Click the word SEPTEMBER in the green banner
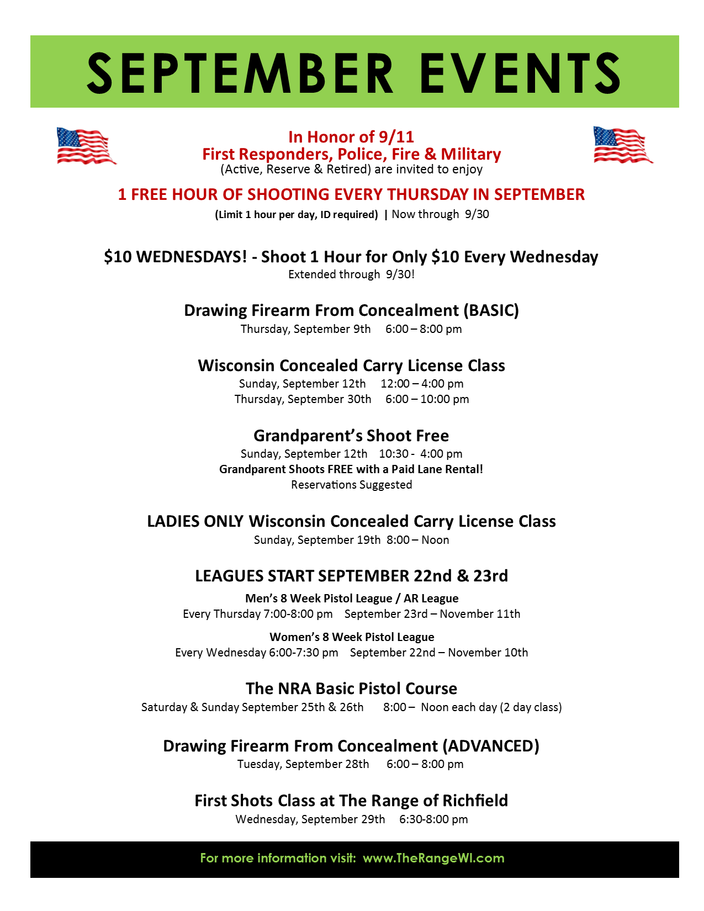[240, 72]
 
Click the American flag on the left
[86, 146]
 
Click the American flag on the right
[622, 145]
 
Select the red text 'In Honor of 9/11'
[351, 137]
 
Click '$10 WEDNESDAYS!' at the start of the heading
[176, 257]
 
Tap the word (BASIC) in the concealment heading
[492, 310]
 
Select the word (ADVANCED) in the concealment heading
[491, 746]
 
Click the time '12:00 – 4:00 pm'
[422, 384]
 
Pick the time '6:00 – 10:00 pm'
[427, 399]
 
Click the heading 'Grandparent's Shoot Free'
[351, 436]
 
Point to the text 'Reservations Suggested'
[351, 485]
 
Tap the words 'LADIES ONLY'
[195, 521]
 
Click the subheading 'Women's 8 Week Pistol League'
[352, 637]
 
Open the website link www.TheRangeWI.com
[433, 858]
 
